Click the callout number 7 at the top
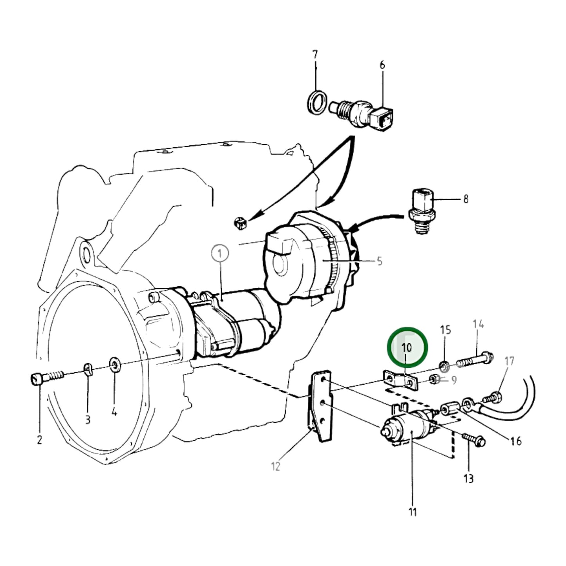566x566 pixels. point(315,55)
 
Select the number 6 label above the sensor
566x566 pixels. point(382,65)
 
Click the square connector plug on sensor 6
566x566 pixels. point(381,119)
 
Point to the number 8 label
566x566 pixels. point(466,199)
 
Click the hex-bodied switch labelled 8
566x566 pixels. point(422,211)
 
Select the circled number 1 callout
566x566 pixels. point(220,253)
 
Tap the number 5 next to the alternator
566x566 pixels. point(380,261)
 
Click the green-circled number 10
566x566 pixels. point(407,348)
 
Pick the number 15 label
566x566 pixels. point(446,330)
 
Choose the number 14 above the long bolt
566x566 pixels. point(478,324)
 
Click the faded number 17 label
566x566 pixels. point(510,361)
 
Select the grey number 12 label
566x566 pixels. point(276,466)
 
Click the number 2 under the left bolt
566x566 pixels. point(39,440)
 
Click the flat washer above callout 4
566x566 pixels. point(114,365)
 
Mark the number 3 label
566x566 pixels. point(87,420)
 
